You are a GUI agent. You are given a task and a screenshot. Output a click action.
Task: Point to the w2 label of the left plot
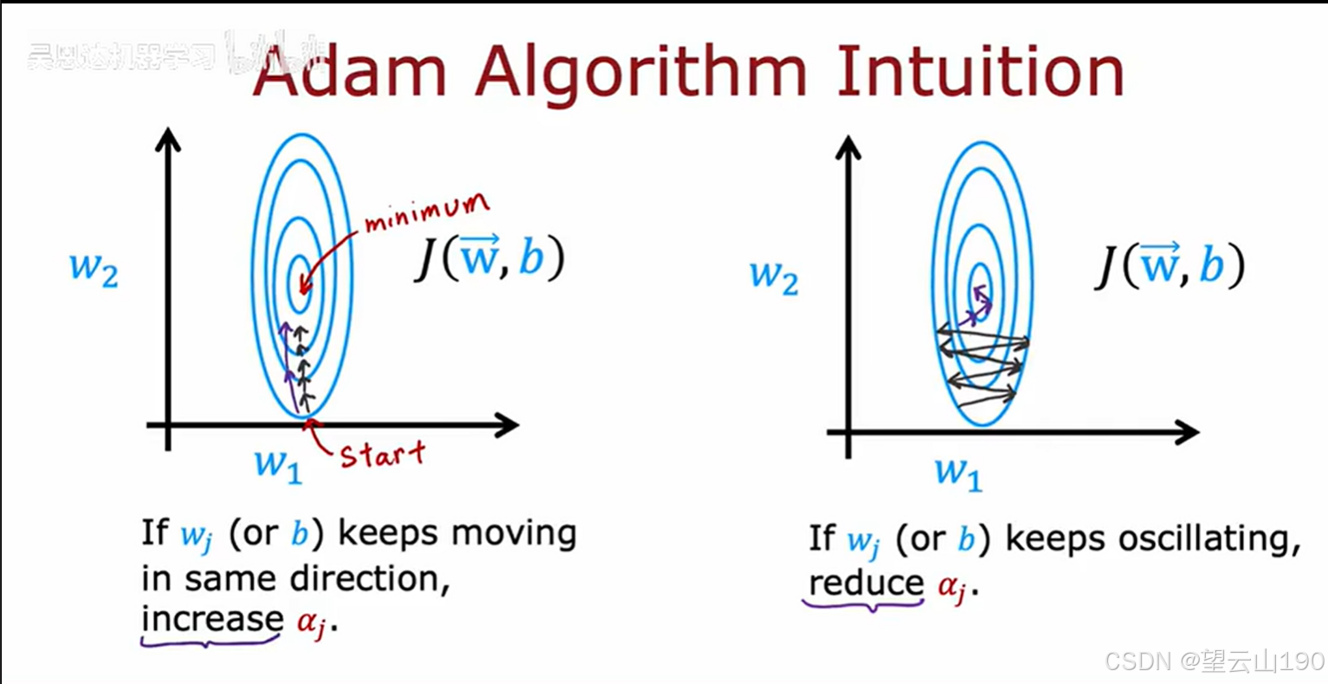[x=94, y=269]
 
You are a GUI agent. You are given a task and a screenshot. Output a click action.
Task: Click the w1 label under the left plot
[x=278, y=465]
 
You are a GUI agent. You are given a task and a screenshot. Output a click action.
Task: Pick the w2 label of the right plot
[x=774, y=276]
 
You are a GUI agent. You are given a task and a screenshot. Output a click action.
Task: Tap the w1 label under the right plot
[x=958, y=473]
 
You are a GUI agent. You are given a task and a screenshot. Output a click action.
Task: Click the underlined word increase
[x=212, y=619]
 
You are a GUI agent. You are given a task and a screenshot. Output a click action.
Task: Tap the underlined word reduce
[x=865, y=583]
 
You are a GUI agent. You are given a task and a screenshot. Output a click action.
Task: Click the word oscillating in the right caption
[x=1209, y=539]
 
